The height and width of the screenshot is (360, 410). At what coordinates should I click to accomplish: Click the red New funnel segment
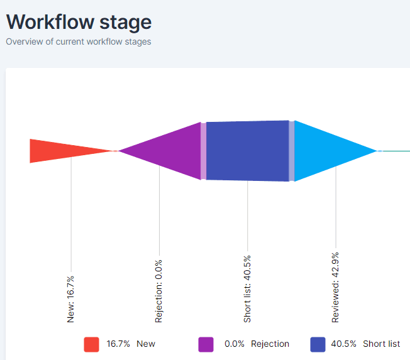pyautogui.click(x=57, y=151)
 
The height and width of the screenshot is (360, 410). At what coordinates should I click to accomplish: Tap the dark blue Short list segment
pyautogui.click(x=247, y=151)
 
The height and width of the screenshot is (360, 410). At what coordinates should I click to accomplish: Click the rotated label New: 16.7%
pyautogui.click(x=70, y=299)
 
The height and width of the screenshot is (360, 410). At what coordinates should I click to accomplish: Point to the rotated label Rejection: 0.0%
pyautogui.click(x=158, y=292)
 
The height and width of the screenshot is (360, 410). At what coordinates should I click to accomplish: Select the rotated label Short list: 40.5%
pyautogui.click(x=247, y=289)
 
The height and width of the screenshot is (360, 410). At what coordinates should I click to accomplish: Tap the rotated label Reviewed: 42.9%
pyautogui.click(x=335, y=287)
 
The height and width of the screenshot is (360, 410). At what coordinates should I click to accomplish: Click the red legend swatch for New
pyautogui.click(x=92, y=344)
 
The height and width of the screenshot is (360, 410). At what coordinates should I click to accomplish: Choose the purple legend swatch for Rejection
pyautogui.click(x=206, y=344)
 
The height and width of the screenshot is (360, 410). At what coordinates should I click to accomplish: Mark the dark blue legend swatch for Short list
pyautogui.click(x=318, y=344)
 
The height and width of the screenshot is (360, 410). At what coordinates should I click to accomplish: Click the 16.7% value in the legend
pyautogui.click(x=118, y=344)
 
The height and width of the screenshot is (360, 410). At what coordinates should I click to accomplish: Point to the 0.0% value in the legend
pyautogui.click(x=235, y=344)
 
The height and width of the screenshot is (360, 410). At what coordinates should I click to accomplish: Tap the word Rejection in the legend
pyautogui.click(x=270, y=344)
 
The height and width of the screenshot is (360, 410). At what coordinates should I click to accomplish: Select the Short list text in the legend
pyautogui.click(x=382, y=344)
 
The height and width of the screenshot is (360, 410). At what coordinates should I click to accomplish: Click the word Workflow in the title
pyautogui.click(x=50, y=22)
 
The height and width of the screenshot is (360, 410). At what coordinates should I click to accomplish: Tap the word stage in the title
pyautogui.click(x=126, y=23)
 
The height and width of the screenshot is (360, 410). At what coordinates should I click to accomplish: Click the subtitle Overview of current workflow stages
pyautogui.click(x=79, y=42)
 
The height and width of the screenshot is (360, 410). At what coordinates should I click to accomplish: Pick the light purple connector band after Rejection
pyautogui.click(x=204, y=151)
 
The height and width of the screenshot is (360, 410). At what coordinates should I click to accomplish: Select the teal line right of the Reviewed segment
pyautogui.click(x=396, y=151)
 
